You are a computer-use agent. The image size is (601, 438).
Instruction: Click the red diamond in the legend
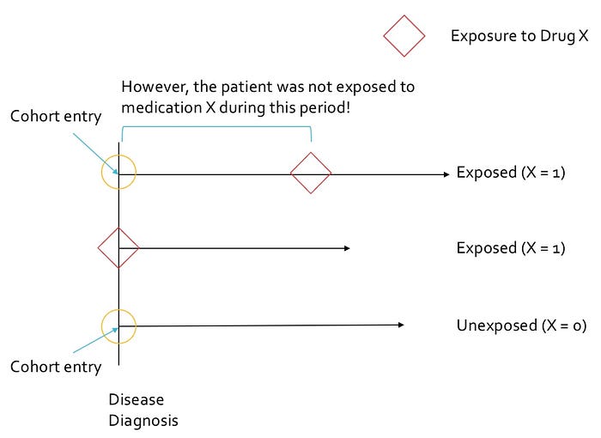pos(404,36)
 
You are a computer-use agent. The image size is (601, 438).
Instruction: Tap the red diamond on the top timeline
pos(311,173)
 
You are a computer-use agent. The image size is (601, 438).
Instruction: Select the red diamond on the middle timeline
pos(118,248)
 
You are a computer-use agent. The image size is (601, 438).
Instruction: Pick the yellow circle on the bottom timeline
pos(118,325)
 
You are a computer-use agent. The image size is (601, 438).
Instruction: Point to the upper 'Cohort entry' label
pos(55,117)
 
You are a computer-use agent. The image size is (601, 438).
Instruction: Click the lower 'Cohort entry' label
pos(55,367)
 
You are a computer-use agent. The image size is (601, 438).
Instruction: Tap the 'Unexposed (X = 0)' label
pos(521,325)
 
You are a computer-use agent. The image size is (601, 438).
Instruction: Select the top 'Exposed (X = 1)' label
pos(511,173)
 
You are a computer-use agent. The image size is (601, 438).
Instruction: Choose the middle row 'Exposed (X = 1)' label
pos(511,248)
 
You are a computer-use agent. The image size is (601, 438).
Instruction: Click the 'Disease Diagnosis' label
pos(143,410)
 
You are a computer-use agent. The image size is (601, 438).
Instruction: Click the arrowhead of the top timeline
pos(446,173)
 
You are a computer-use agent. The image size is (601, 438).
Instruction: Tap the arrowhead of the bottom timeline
pos(400,325)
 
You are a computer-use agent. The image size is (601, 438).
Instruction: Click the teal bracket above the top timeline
pos(216,128)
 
